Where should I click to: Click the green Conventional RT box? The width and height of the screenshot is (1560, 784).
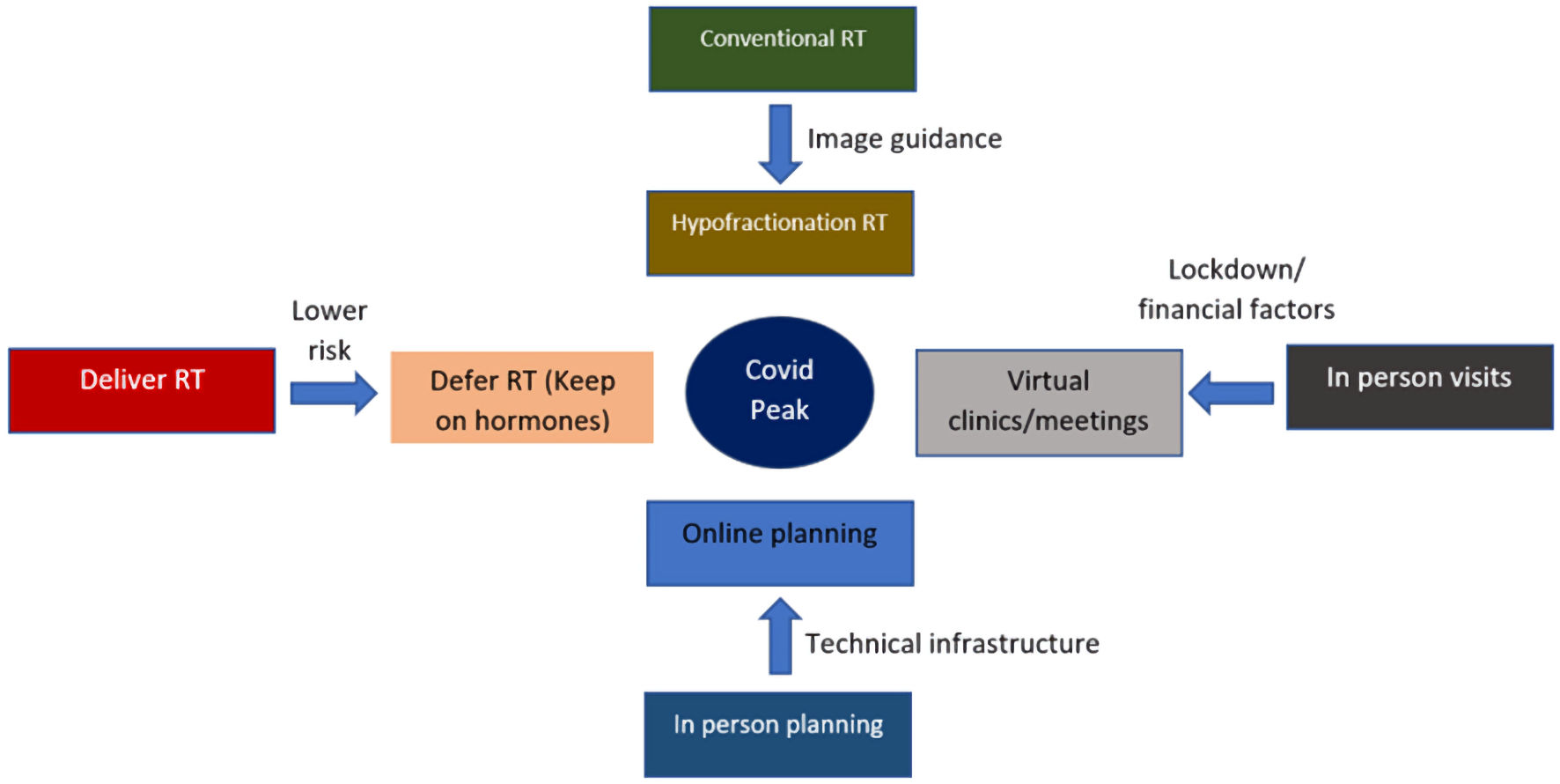[x=782, y=49]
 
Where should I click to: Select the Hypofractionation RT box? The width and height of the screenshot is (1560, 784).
[x=780, y=233]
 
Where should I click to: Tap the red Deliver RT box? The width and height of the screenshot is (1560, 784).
[x=142, y=390]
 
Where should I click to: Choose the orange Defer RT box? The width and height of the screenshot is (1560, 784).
[x=522, y=397]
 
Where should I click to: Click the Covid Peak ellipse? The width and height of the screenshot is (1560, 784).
[x=779, y=392]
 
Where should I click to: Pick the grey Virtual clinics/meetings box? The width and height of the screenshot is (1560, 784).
[x=1049, y=403]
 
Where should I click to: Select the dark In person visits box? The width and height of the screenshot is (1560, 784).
[x=1419, y=387]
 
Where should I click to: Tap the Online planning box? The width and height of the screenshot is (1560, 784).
[x=780, y=544]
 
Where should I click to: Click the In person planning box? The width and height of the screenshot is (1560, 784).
[x=778, y=735]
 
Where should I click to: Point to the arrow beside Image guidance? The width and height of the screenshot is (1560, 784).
[x=780, y=144]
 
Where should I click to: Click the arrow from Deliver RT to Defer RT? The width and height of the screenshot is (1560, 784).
[x=334, y=393]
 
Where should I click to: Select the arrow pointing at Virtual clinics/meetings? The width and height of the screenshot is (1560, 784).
[x=1231, y=393]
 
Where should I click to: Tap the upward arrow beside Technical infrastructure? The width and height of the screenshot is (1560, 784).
[x=780, y=637]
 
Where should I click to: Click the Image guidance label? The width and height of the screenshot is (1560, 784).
[x=904, y=139]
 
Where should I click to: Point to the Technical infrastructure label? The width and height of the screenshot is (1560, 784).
[x=952, y=644]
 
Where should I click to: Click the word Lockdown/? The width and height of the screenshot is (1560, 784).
[x=1236, y=270]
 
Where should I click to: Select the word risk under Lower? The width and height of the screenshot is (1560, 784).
[x=329, y=351]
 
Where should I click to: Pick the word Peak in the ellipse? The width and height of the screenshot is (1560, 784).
[x=779, y=410]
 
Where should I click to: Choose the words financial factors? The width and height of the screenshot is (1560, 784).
[x=1236, y=309]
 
